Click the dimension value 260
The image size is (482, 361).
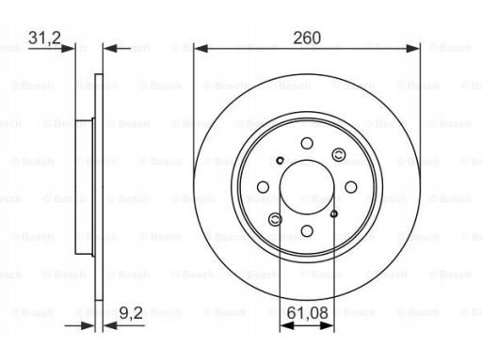click(307, 38)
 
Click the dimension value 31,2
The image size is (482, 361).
click(44, 38)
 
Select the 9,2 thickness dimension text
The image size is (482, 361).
click(131, 313)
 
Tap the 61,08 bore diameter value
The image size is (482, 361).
click(308, 313)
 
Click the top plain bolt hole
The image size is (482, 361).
click(307, 144)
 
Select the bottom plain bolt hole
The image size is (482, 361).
click(307, 231)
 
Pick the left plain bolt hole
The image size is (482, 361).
click(263, 187)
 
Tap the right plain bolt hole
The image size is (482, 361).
click(351, 187)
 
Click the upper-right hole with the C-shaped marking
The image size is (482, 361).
click(339, 155)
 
